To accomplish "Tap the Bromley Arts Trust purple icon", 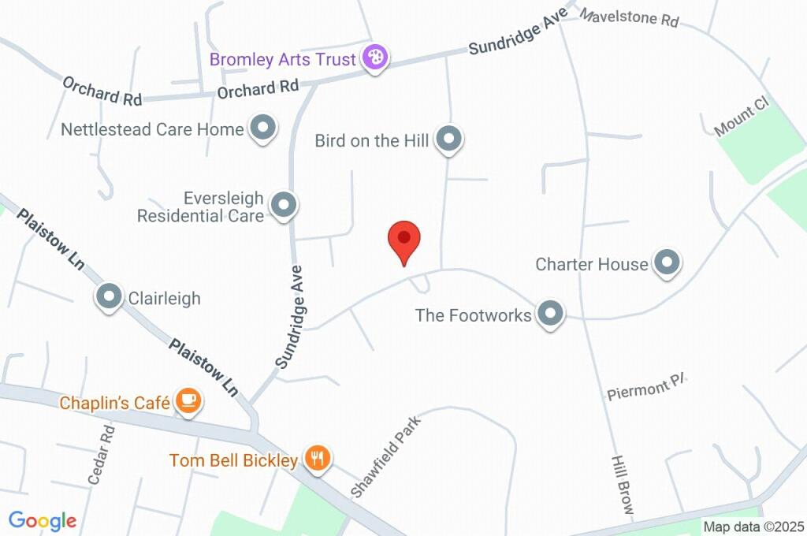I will (x=375, y=58).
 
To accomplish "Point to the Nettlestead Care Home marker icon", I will (x=262, y=128).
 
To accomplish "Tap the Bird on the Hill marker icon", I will (x=449, y=140).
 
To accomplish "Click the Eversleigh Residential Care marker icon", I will (x=283, y=205).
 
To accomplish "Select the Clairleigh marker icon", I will (x=109, y=297).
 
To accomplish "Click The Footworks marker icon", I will (x=550, y=314).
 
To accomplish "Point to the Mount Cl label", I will (x=740, y=119).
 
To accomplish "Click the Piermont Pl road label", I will (x=647, y=389).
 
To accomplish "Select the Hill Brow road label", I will (x=622, y=485).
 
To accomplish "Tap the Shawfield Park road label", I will (x=387, y=458).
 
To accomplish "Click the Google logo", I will (x=43, y=520).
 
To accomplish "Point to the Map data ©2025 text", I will (x=753, y=527).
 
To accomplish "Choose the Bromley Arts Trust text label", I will (x=282, y=59).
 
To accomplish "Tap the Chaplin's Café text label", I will (x=115, y=403).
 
